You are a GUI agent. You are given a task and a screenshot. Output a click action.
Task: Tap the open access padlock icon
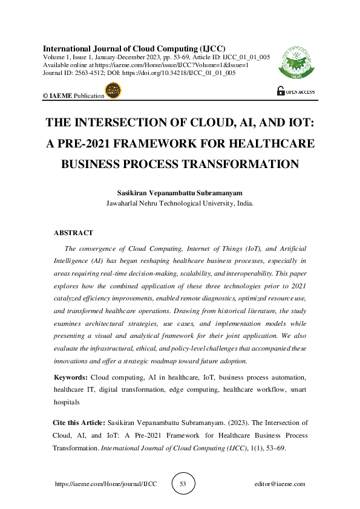pyautogui.click(x=280, y=91)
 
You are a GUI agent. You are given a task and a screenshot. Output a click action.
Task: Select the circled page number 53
pyautogui.click(x=183, y=484)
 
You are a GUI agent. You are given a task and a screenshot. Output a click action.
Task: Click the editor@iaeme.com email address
pyautogui.click(x=280, y=484)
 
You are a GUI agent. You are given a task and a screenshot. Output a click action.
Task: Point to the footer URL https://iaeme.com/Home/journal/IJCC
pyautogui.click(x=106, y=484)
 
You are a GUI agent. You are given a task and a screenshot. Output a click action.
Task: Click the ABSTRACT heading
pyautogui.click(x=73, y=233)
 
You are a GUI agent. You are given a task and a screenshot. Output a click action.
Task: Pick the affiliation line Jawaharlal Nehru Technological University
pyautogui.click(x=180, y=204)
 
